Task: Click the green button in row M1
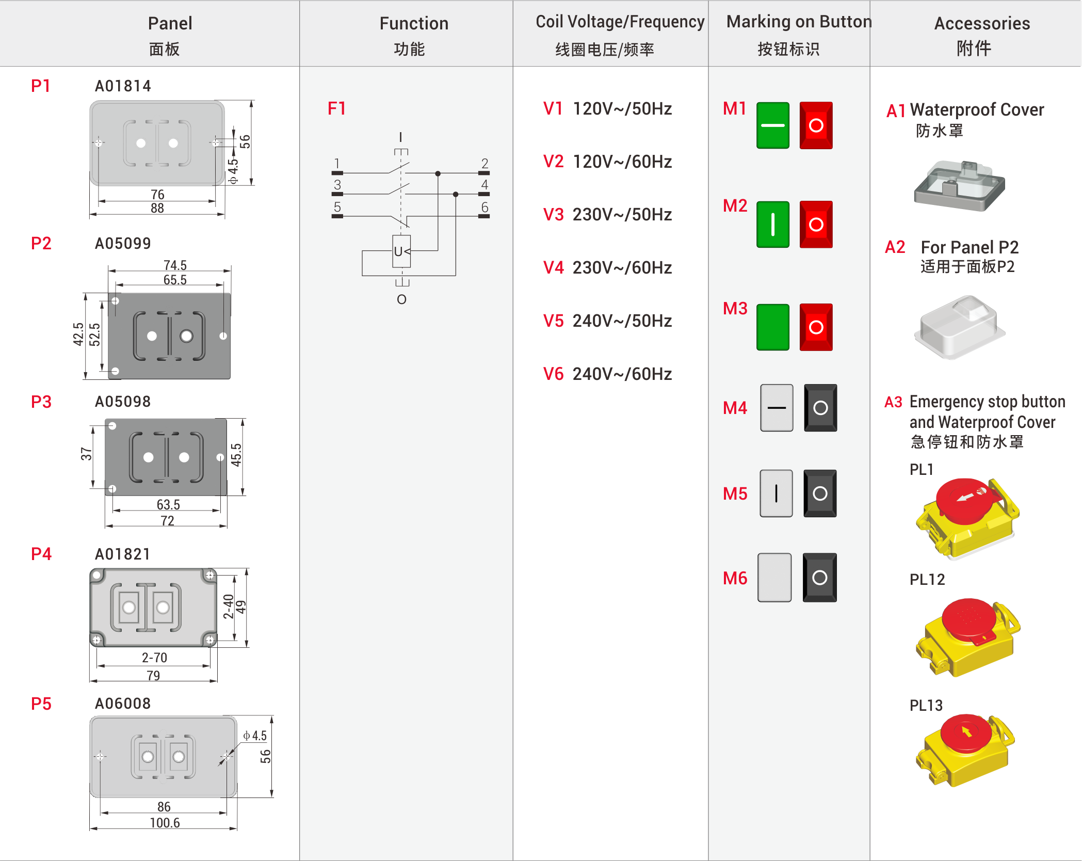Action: pyautogui.click(x=772, y=125)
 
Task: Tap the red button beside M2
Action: pyautogui.click(x=816, y=225)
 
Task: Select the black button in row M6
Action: pyautogui.click(x=819, y=578)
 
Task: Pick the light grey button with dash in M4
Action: pyautogui.click(x=777, y=408)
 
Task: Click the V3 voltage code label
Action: pyautogui.click(x=553, y=214)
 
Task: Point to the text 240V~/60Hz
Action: pyautogui.click(x=622, y=374)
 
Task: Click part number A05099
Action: pyautogui.click(x=123, y=243)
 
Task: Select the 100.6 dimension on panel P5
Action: pyautogui.click(x=165, y=822)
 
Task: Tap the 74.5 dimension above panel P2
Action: pyautogui.click(x=175, y=265)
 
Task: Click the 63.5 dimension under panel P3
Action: pyautogui.click(x=168, y=504)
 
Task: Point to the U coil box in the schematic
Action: pyautogui.click(x=401, y=251)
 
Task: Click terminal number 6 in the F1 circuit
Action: pyautogui.click(x=485, y=207)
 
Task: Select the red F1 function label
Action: pyautogui.click(x=337, y=108)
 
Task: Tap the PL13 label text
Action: pyautogui.click(x=926, y=705)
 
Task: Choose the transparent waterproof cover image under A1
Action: pyautogui.click(x=959, y=186)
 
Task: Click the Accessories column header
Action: pyautogui.click(x=982, y=24)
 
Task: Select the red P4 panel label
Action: pyautogui.click(x=41, y=554)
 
